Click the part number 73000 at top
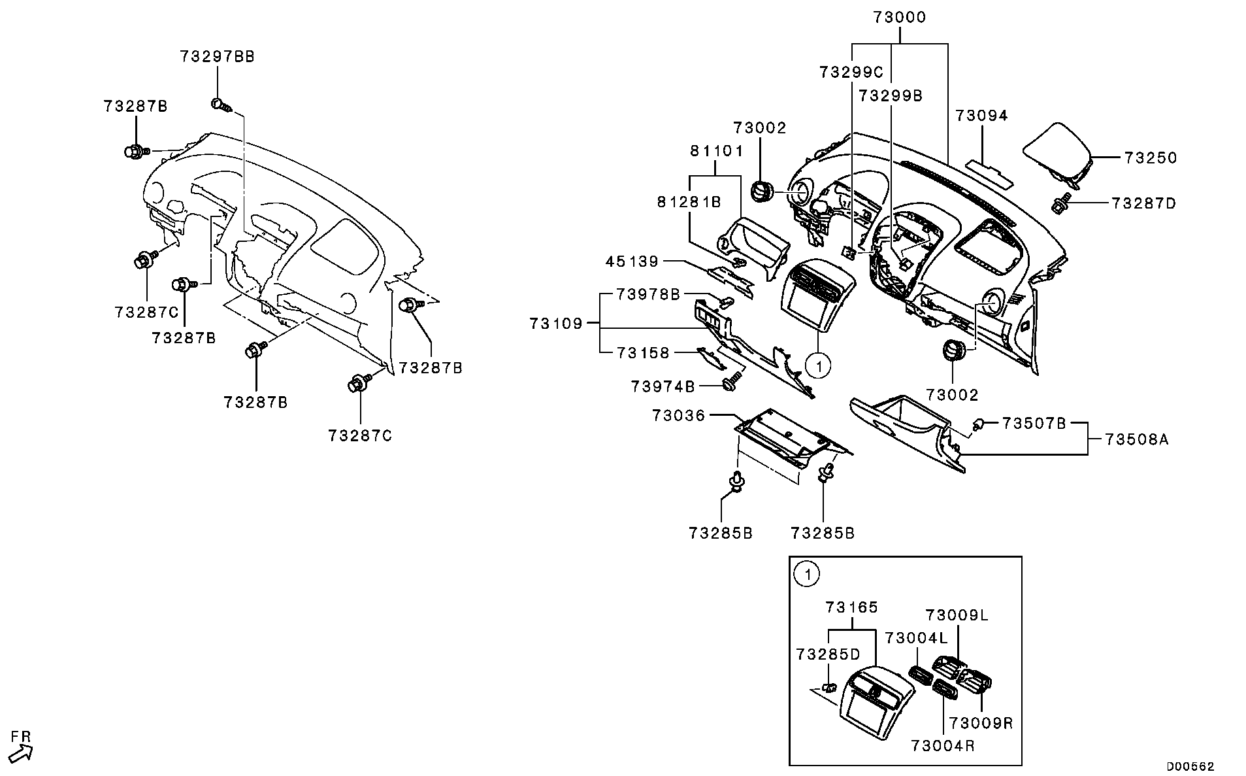coord(900,18)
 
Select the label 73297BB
coord(218,57)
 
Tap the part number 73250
coord(1151,158)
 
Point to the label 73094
coord(981,116)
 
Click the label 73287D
coord(1143,204)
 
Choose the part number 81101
coord(717,152)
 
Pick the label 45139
coord(632,262)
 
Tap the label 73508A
coord(1137,440)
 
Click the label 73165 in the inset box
coord(851,607)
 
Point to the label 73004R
coord(943,746)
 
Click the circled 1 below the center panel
coord(817,365)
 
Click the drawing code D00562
coord(1191,766)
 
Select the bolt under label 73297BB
coord(220,105)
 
